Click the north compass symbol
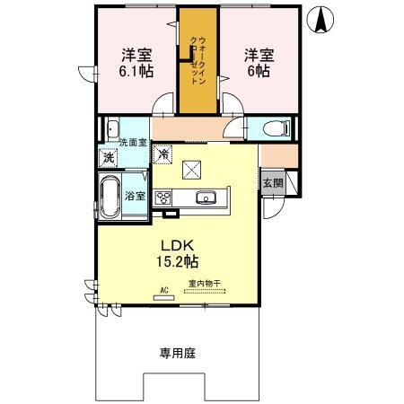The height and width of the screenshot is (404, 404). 321,19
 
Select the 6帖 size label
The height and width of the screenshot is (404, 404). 257,70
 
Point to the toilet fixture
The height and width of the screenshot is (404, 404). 275,128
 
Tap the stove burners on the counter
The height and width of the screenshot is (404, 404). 164,198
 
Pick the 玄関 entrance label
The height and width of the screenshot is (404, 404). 272,183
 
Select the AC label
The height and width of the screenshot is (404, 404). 164,289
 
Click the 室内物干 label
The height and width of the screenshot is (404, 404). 204,286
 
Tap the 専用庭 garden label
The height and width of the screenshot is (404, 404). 178,352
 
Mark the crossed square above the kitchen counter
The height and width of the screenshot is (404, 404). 192,168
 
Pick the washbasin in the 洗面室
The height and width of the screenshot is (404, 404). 114,127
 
